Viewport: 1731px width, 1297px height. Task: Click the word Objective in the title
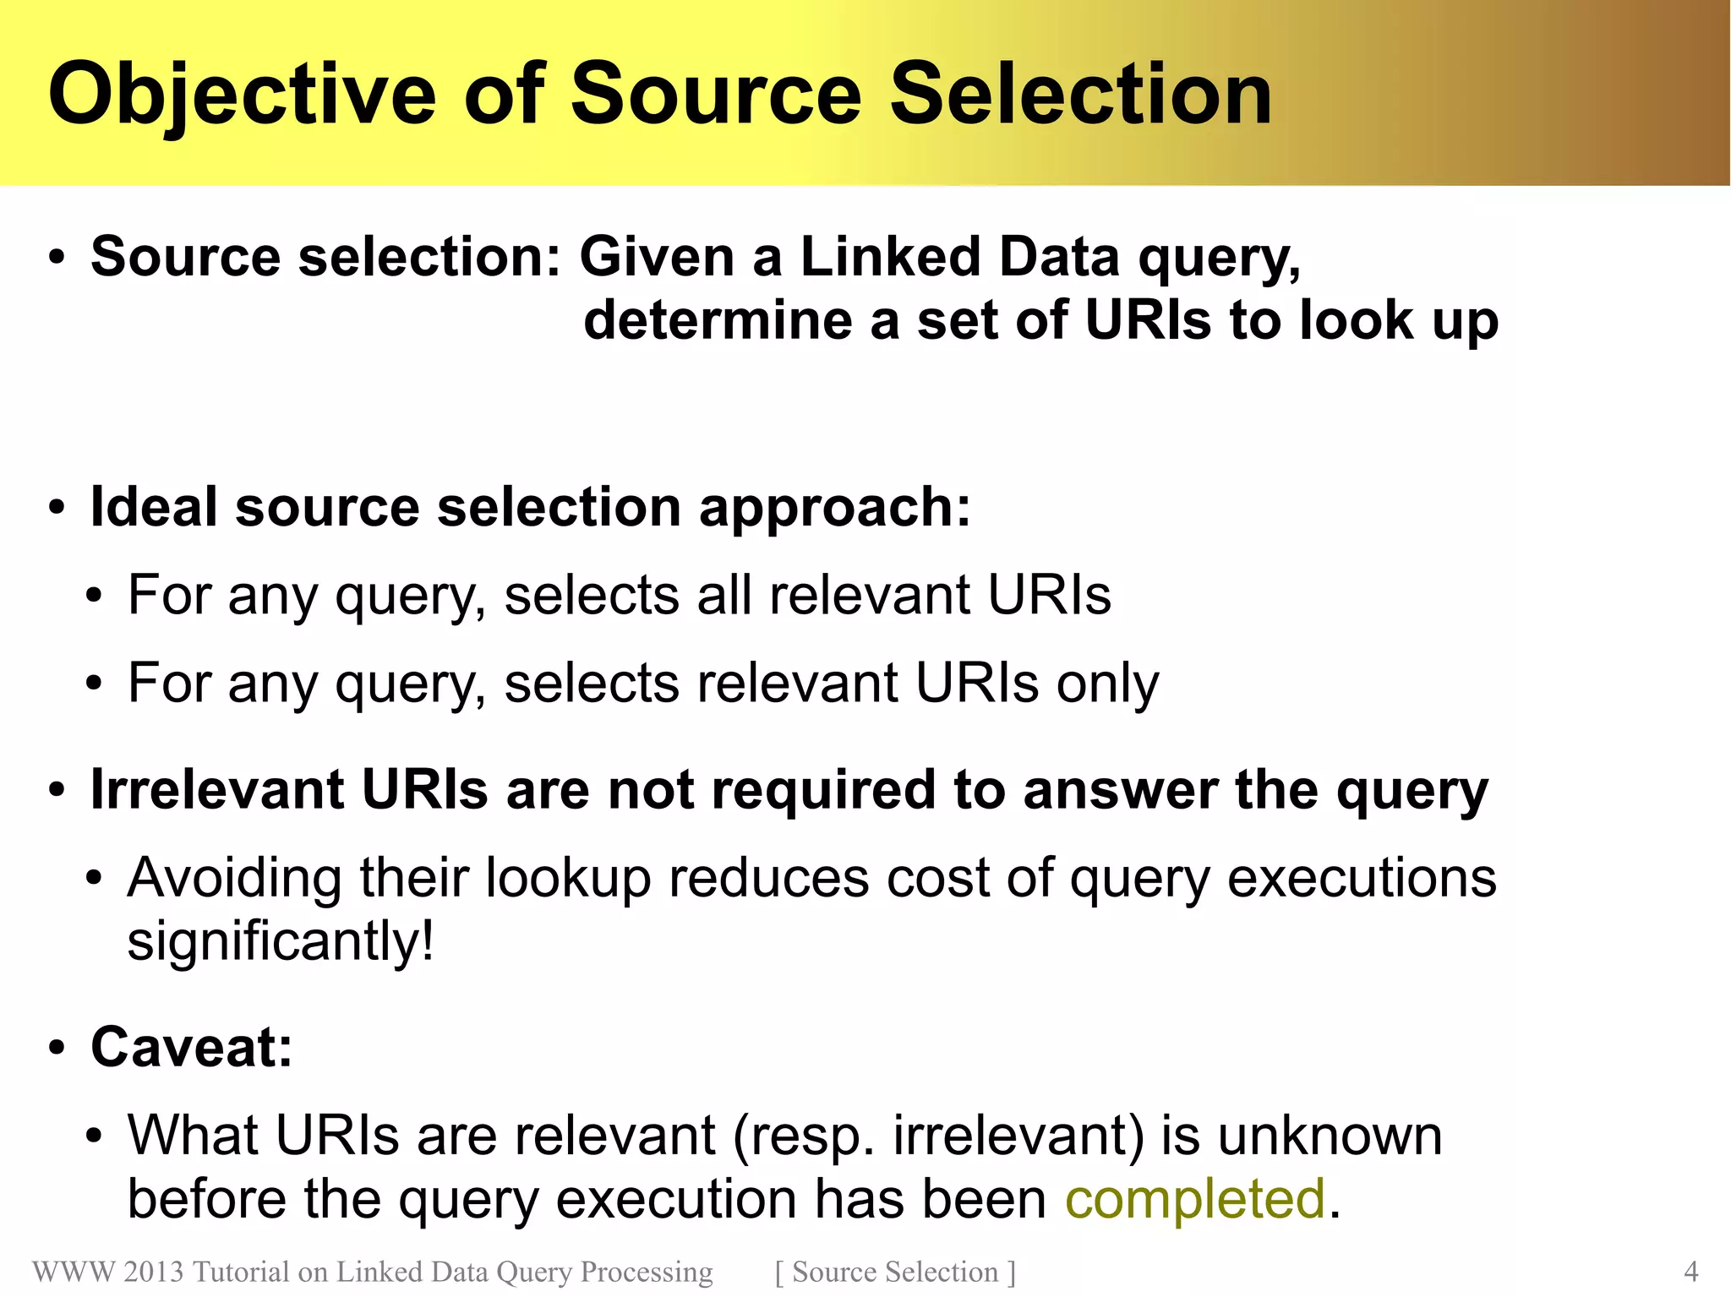(x=242, y=95)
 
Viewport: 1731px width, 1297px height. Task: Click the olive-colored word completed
(x=1194, y=1199)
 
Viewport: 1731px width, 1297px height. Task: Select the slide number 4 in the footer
(x=1690, y=1272)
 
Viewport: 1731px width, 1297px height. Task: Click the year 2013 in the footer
(x=153, y=1272)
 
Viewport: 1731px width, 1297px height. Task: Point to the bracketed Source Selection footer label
(x=895, y=1272)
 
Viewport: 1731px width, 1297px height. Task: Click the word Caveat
(x=191, y=1047)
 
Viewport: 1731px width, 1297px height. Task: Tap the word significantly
(x=280, y=941)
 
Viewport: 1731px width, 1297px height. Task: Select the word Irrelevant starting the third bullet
(x=217, y=789)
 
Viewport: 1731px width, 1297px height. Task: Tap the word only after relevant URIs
(x=1107, y=683)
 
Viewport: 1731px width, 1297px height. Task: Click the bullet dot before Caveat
(x=57, y=1049)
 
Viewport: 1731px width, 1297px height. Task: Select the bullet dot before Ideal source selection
(x=57, y=509)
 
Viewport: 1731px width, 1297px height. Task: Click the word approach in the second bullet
(x=833, y=509)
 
